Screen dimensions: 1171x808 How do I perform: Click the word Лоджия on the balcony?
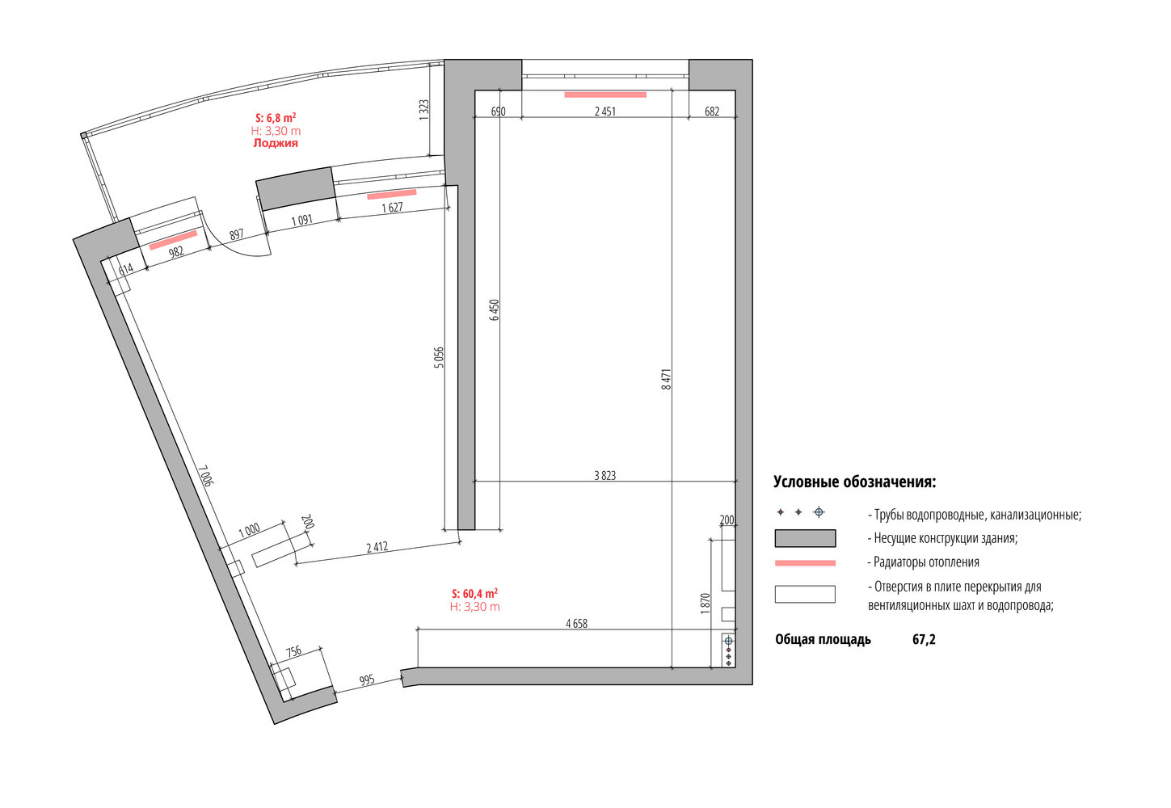[x=276, y=143]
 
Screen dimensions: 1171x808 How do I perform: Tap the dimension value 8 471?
[x=666, y=380]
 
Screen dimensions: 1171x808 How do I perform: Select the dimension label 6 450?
[x=495, y=310]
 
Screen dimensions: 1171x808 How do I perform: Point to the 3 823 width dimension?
[x=604, y=476]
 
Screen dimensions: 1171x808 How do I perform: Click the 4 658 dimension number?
[x=577, y=624]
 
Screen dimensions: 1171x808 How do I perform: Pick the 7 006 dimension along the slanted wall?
[x=206, y=475]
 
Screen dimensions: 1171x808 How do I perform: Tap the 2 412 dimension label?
[x=377, y=547]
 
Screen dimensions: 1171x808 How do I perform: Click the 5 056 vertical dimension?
[x=439, y=357]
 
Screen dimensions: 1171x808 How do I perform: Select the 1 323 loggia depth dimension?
[x=424, y=110]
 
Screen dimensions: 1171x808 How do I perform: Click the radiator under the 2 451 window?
[x=605, y=95]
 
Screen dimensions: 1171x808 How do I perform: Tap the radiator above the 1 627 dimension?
[x=392, y=195]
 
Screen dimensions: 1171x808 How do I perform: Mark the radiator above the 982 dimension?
[x=173, y=240]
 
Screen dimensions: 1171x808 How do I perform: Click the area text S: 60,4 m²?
[x=474, y=593]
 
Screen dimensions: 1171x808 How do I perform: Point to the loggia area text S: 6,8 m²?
[x=276, y=118]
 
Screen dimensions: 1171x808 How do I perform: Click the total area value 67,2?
[x=924, y=640]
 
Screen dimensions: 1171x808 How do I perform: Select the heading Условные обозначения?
[x=855, y=482]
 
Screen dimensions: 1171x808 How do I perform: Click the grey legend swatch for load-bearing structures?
[x=805, y=538]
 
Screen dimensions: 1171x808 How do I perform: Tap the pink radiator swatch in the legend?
[x=805, y=563]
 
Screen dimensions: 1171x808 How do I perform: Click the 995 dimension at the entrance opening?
[x=367, y=680]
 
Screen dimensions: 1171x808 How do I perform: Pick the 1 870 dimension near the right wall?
[x=706, y=603]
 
